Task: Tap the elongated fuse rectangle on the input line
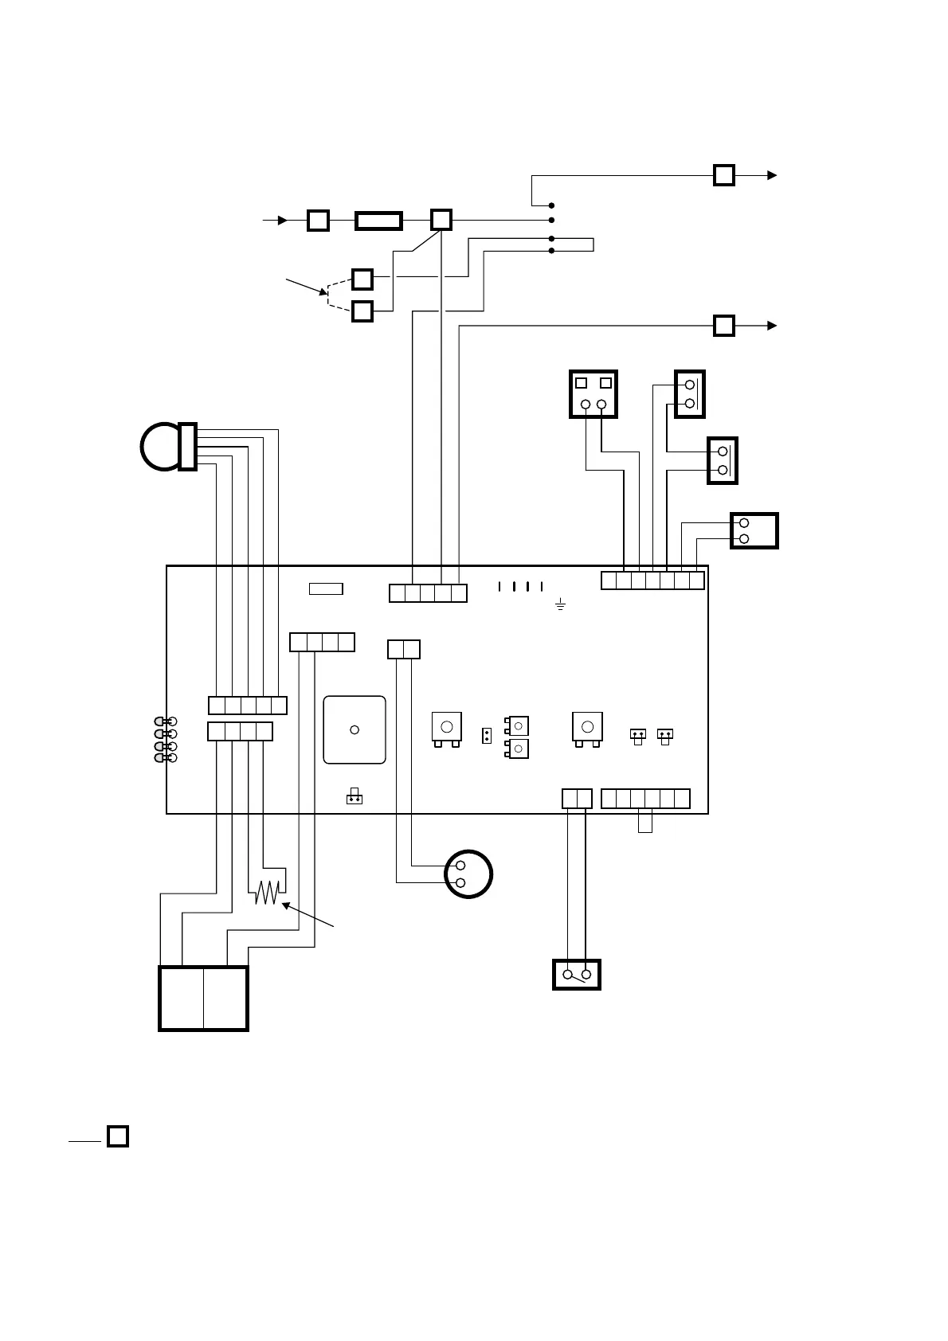coord(378,221)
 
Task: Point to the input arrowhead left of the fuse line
coord(282,221)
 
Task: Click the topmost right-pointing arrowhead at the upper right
coord(772,175)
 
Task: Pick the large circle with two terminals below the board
coord(468,874)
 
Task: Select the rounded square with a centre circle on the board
coord(355,730)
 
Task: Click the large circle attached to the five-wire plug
coord(161,446)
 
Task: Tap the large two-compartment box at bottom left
coord(203,999)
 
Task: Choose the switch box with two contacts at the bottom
coord(576,975)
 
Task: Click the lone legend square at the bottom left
coord(118,1136)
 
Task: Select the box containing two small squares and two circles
coord(593,394)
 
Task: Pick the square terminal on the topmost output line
coord(723,175)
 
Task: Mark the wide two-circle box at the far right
coord(754,530)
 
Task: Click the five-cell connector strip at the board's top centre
coord(428,593)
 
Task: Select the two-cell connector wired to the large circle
coord(404,650)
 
